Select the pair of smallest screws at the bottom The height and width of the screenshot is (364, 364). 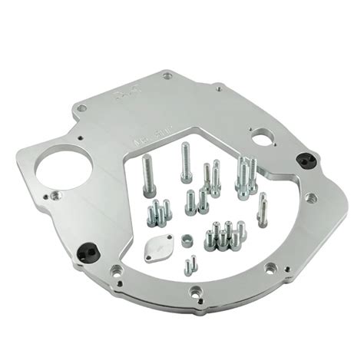(x=189, y=264)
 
